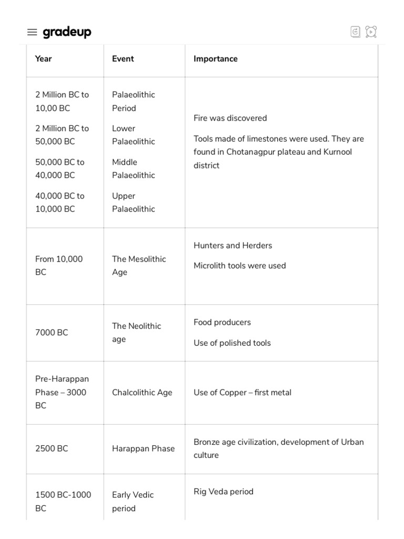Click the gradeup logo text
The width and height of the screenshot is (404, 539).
point(67,32)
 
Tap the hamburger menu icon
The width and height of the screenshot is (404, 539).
point(32,33)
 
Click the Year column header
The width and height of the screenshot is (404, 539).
point(43,59)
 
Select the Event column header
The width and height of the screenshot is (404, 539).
point(123,59)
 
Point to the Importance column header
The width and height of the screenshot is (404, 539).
point(215,59)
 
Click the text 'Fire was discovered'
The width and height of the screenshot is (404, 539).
point(230,118)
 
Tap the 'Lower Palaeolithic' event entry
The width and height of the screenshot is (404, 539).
point(133,135)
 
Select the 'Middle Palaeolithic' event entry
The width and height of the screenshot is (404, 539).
point(133,168)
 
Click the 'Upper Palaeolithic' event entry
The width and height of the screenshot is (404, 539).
point(133,202)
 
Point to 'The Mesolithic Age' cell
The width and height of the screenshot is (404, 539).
point(138,265)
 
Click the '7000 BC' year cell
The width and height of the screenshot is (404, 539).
point(52,333)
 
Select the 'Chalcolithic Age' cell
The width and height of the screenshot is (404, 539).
point(142,392)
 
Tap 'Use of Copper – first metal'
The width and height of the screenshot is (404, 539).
point(242,392)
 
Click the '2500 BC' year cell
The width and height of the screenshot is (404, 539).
point(52,448)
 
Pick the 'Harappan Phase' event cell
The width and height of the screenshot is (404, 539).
point(143,448)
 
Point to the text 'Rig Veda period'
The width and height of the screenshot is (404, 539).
point(223,492)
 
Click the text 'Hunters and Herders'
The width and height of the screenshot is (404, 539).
point(233,245)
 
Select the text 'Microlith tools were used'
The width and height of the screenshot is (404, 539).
point(239,265)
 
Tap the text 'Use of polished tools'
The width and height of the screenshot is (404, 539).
point(232,343)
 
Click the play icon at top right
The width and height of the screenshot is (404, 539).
point(371,32)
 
